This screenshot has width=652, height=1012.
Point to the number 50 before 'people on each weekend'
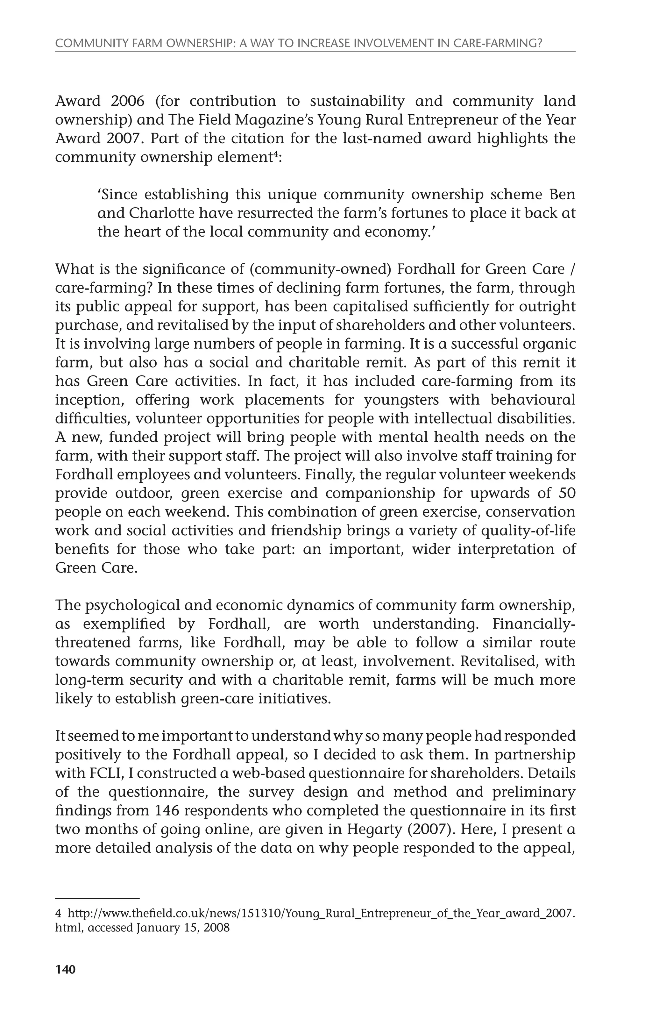pyautogui.click(x=567, y=493)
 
